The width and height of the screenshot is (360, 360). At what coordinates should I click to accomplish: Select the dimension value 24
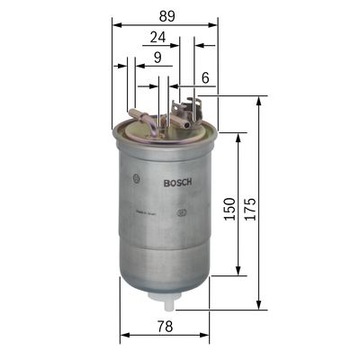tap(156, 37)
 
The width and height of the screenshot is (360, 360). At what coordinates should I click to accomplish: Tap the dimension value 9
tap(157, 59)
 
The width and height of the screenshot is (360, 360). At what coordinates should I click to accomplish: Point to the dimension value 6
tap(205, 77)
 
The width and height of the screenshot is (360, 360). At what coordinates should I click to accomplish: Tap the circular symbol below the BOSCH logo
tap(180, 211)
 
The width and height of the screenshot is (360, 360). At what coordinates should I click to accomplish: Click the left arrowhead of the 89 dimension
tap(114, 24)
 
